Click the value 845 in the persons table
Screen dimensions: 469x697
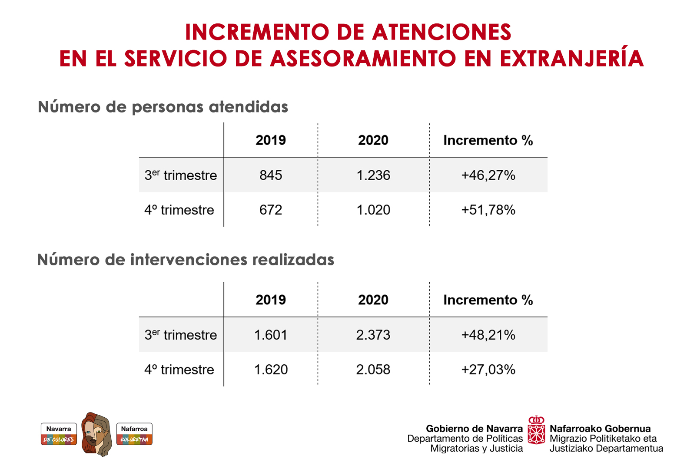pyautogui.click(x=271, y=175)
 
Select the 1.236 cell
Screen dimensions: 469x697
pyautogui.click(x=373, y=175)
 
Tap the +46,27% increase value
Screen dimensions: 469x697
pyautogui.click(x=488, y=175)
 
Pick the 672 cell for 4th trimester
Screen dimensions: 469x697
pyautogui.click(x=271, y=210)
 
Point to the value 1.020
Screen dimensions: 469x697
pyautogui.click(x=373, y=210)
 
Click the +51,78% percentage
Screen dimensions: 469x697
pyautogui.click(x=488, y=210)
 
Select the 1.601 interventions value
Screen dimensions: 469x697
pyautogui.click(x=271, y=335)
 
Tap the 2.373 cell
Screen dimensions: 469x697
pyautogui.click(x=373, y=335)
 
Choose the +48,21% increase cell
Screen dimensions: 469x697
pyautogui.click(x=488, y=335)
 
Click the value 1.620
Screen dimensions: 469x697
pyautogui.click(x=271, y=370)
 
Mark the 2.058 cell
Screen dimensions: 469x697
pyautogui.click(x=373, y=370)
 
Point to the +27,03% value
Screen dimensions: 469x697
pyautogui.click(x=488, y=370)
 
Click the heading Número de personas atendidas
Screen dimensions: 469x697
pyautogui.click(x=163, y=107)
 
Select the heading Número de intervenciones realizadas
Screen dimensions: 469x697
pyautogui.click(x=186, y=260)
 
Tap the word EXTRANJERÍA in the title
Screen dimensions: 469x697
pyautogui.click(x=571, y=58)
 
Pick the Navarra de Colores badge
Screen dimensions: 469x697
pyautogui.click(x=59, y=434)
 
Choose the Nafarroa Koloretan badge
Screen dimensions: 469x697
pyautogui.click(x=134, y=434)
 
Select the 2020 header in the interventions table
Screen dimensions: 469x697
pyautogui.click(x=373, y=300)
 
